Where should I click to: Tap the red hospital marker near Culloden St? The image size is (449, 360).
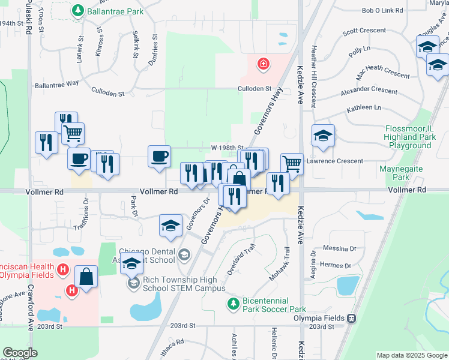(263, 64)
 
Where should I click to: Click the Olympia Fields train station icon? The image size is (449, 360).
(352, 318)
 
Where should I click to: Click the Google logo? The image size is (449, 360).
(20, 353)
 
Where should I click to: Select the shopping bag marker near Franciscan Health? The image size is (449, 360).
(86, 277)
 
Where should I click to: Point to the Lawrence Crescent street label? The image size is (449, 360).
(334, 161)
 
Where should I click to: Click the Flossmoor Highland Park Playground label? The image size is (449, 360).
(418, 137)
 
